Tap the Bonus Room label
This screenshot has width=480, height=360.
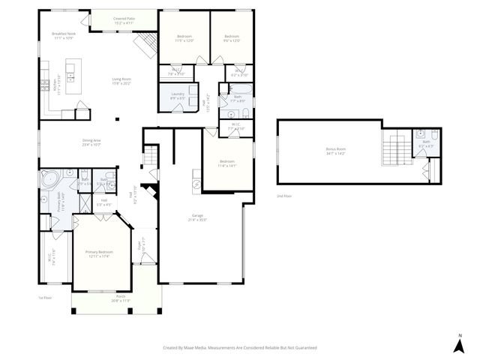pos(335,150)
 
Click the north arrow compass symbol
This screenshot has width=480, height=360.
pos(458,343)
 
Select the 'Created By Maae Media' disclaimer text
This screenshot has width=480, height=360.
pos(240,348)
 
